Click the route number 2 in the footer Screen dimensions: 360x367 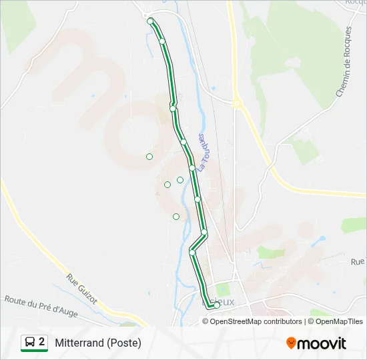click(x=42, y=342)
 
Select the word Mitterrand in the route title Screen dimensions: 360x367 click(x=79, y=343)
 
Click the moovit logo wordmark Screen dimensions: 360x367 click(x=322, y=343)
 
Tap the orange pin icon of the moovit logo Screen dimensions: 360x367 click(x=291, y=343)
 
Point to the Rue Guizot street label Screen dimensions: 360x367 click(x=81, y=288)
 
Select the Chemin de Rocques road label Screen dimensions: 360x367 click(x=344, y=62)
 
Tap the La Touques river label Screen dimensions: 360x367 click(x=204, y=151)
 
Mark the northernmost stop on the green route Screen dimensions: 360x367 click(x=150, y=21)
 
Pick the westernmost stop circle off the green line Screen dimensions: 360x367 click(x=149, y=157)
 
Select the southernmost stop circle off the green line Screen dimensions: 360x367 click(x=176, y=216)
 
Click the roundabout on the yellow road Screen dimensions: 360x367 click(x=236, y=103)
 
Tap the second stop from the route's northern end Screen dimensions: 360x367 click(x=162, y=41)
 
